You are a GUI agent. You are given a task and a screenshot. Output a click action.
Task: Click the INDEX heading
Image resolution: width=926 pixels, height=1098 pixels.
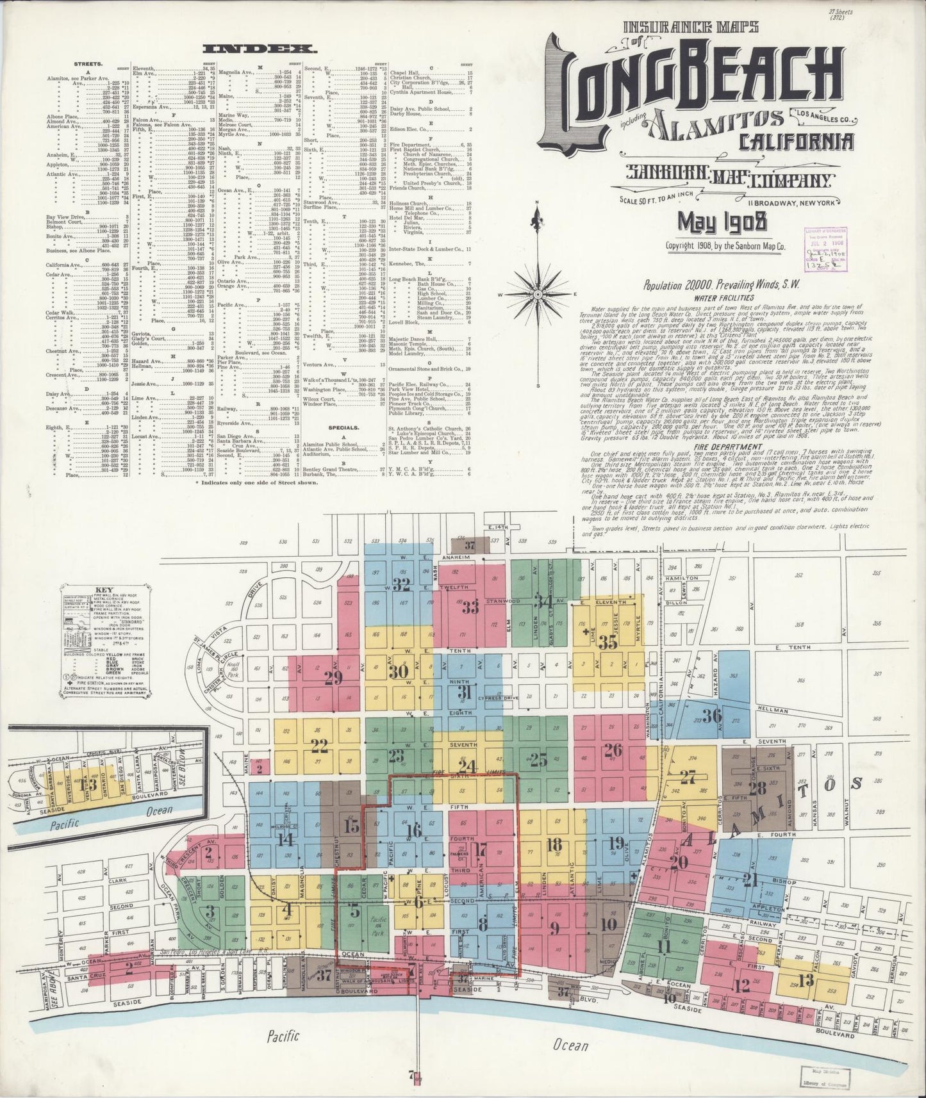click(x=258, y=49)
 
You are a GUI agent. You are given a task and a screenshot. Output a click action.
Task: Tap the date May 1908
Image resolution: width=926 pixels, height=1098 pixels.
click(x=723, y=222)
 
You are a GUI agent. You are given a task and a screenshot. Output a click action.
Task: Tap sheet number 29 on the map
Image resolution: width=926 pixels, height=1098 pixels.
click(x=333, y=676)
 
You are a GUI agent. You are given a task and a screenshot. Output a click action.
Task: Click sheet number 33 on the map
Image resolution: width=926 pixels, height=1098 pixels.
click(x=470, y=607)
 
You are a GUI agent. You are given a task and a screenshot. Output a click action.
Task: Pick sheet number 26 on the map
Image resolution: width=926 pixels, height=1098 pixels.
click(x=613, y=750)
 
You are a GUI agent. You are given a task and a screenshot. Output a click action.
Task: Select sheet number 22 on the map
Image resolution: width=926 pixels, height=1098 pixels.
click(x=318, y=745)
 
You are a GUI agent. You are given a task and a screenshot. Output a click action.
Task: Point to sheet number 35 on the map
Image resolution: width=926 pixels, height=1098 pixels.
click(x=608, y=642)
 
